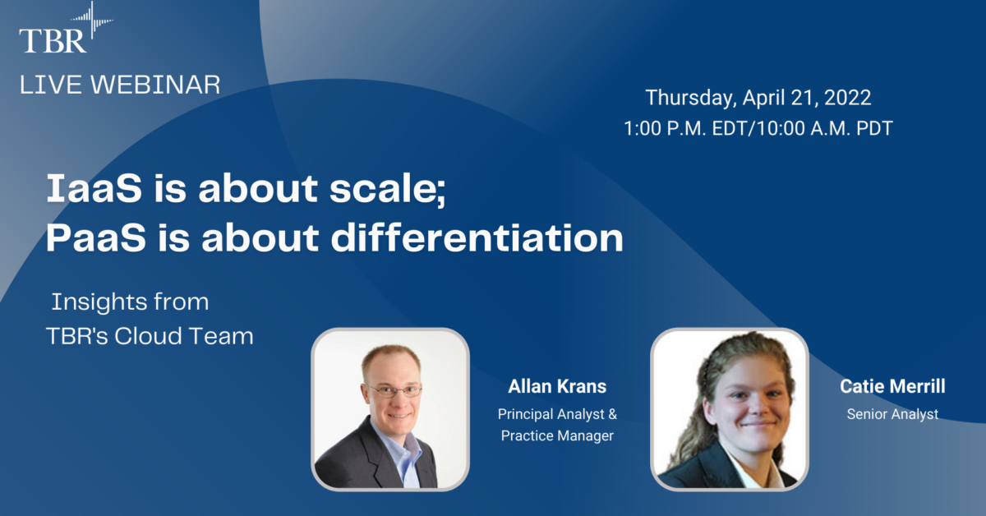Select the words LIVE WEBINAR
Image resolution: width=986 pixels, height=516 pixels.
tap(120, 84)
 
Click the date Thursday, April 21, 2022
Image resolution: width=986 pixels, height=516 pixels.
tap(758, 97)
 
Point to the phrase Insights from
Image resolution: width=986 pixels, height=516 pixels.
tap(130, 302)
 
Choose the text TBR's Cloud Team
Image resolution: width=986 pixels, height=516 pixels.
tap(149, 336)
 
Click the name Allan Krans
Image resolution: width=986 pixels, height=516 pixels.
tap(557, 387)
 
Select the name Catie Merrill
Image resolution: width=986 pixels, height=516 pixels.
tap(892, 386)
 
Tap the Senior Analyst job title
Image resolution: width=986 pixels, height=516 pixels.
tap(892, 414)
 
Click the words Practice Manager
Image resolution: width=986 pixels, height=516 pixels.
tap(557, 435)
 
